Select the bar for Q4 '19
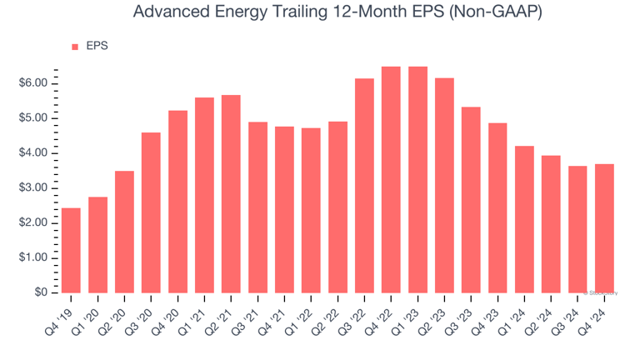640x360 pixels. pyautogui.click(x=71, y=250)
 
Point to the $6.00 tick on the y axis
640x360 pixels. pyautogui.click(x=36, y=83)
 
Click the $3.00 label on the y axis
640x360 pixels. pyautogui.click(x=36, y=188)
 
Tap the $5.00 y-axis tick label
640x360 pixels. pyautogui.click(x=36, y=118)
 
